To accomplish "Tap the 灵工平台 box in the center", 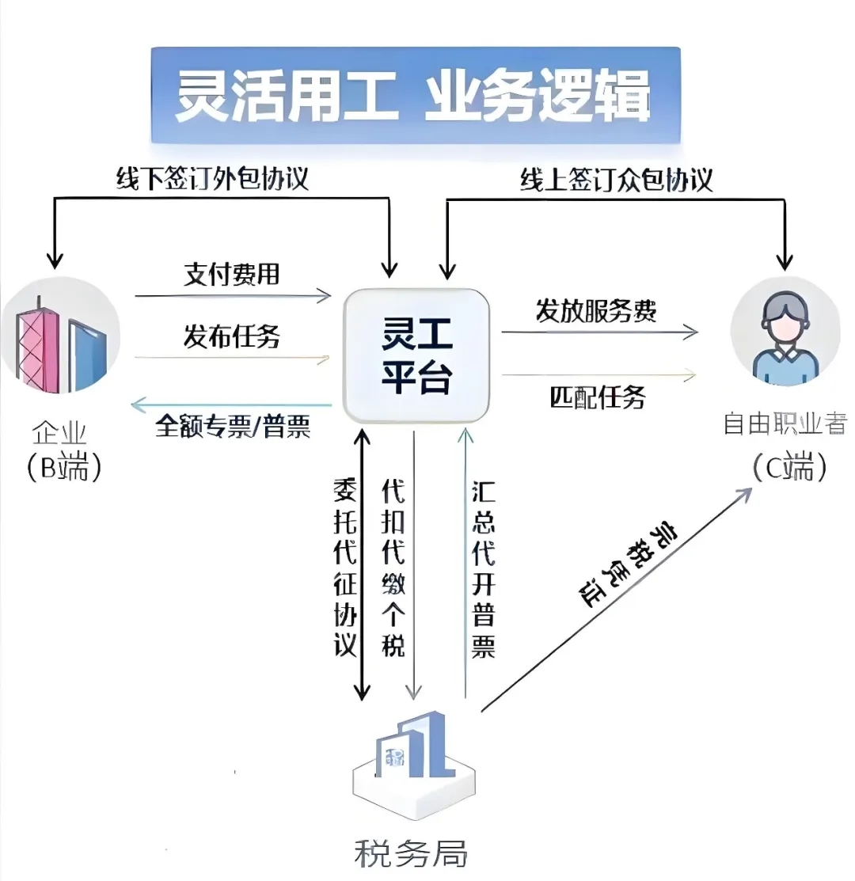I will click(x=416, y=357).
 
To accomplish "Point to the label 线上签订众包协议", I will click(x=616, y=180).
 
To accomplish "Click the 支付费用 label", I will click(x=232, y=275).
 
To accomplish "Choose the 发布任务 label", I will click(x=232, y=336).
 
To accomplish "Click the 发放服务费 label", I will click(x=596, y=311).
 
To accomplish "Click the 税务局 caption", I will click(x=410, y=854).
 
